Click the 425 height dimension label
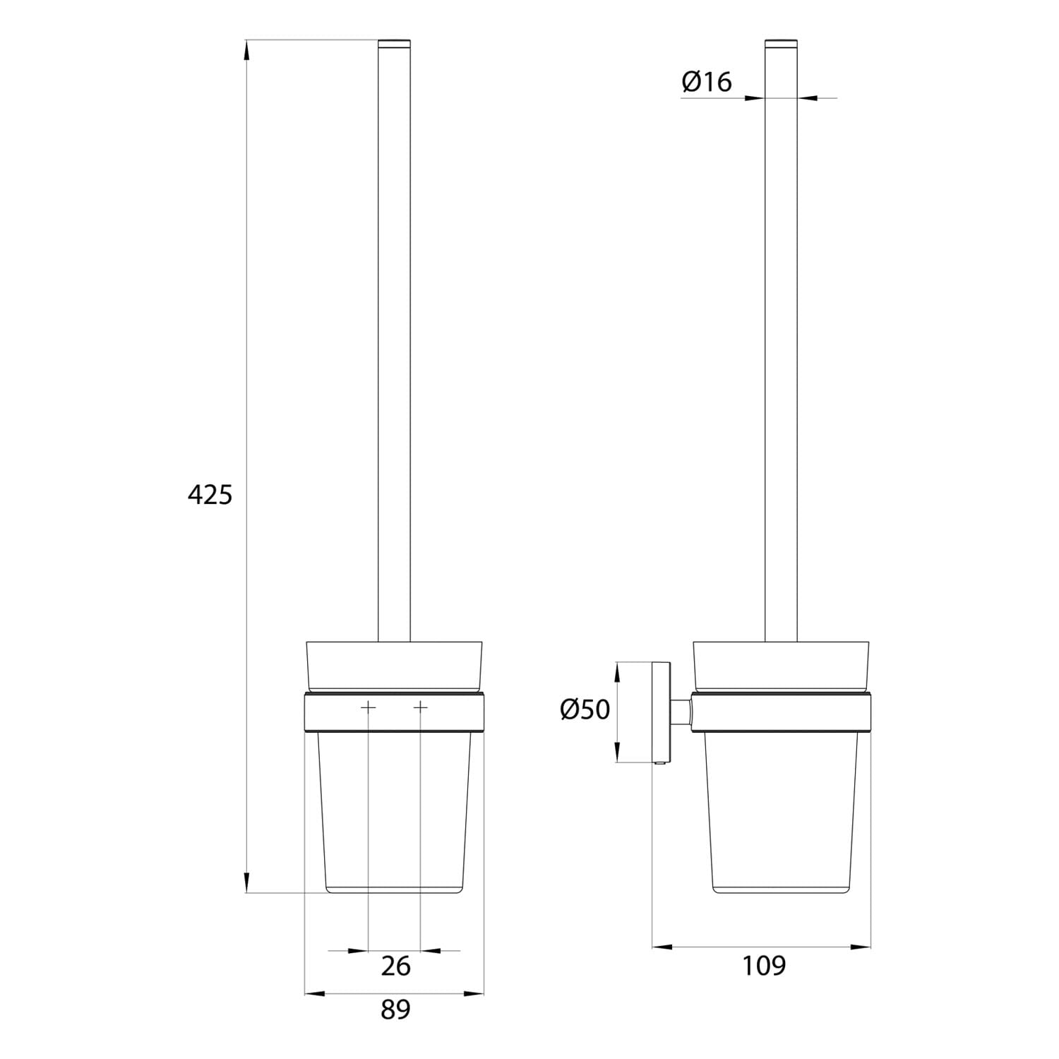[210, 495]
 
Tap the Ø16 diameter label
[707, 82]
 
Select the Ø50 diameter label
[585, 709]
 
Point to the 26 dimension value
[395, 966]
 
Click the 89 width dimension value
[395, 1010]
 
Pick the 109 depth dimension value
[764, 965]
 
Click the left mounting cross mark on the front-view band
[369, 707]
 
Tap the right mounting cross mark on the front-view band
[421, 707]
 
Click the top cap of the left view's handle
[394, 44]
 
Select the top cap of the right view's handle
[782, 44]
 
